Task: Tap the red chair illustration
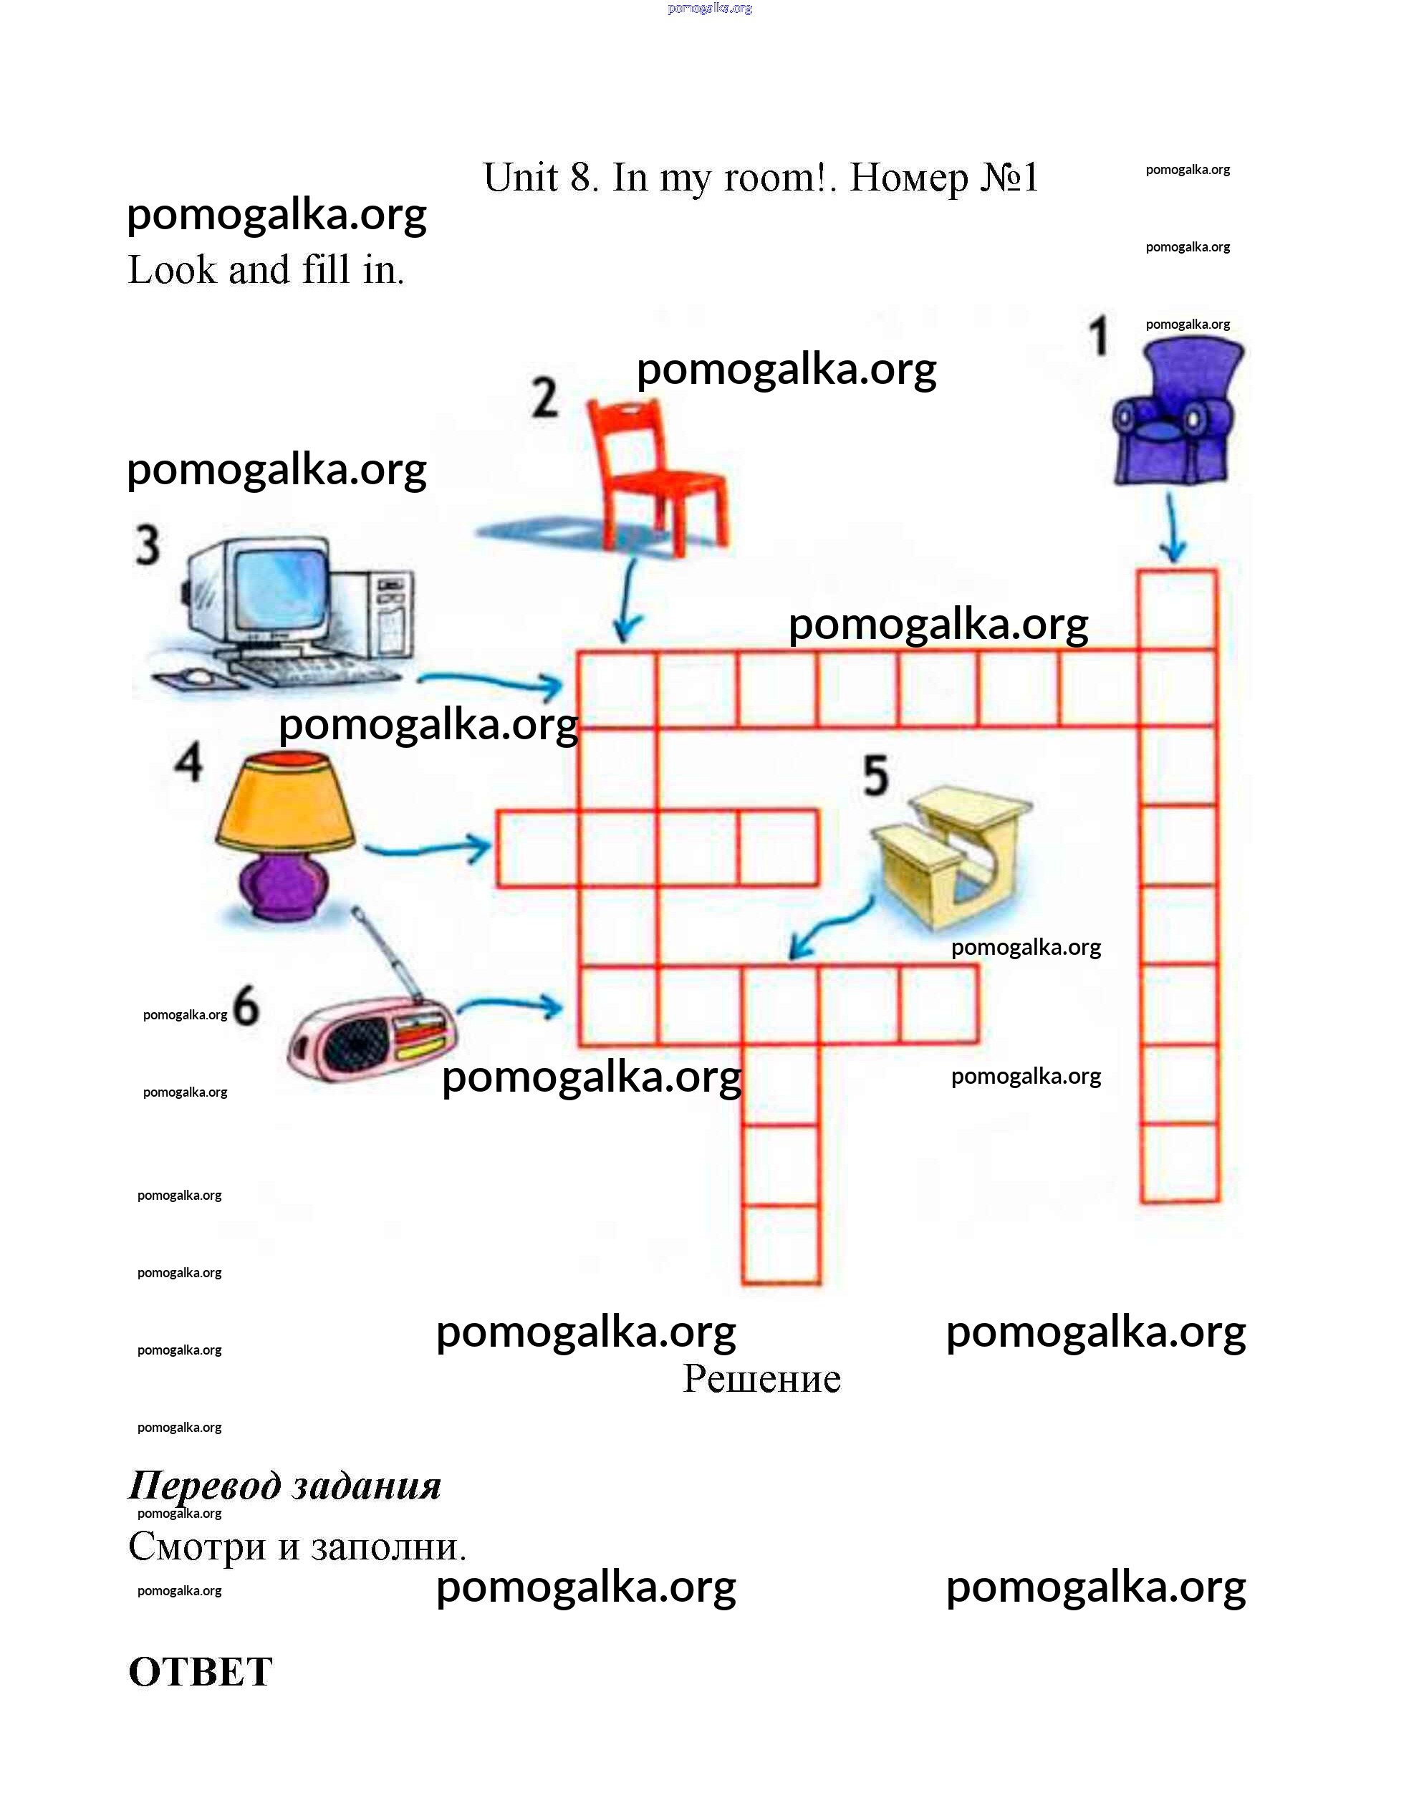[656, 473]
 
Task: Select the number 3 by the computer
[148, 545]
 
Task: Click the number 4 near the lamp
[188, 762]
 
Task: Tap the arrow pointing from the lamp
[428, 848]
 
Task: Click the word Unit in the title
[521, 178]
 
